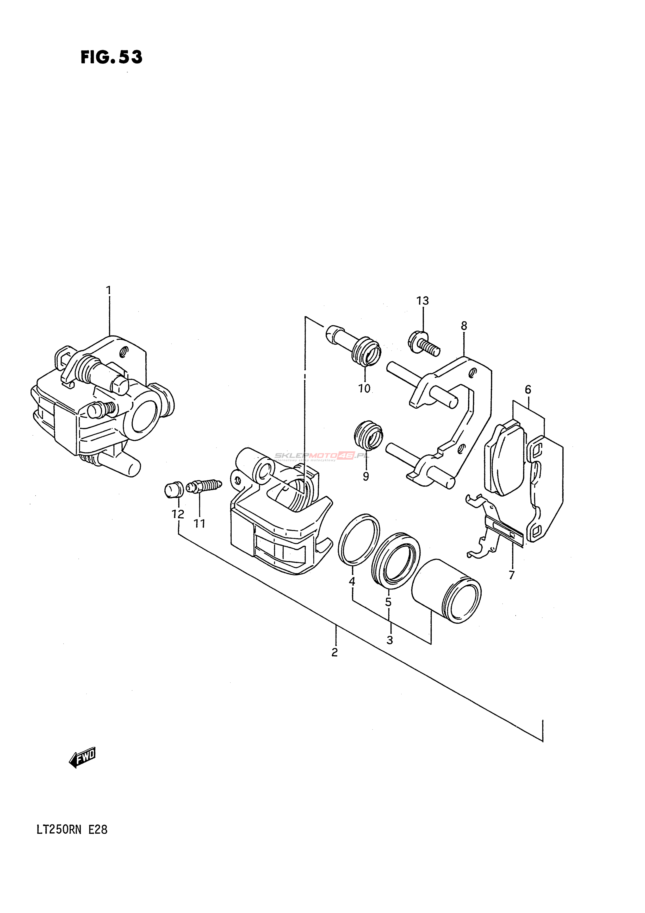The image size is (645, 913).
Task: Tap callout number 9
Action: tap(366, 476)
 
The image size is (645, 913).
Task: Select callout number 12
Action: tap(178, 515)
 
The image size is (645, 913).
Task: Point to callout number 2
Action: tap(335, 652)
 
